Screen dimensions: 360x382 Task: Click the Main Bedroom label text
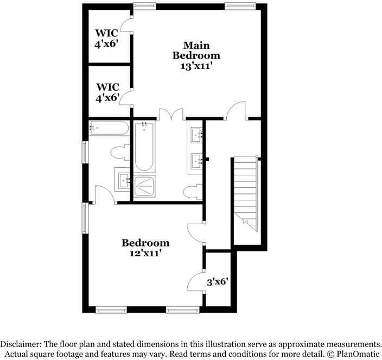pyautogui.click(x=196, y=50)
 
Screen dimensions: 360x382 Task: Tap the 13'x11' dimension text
pyautogui.click(x=196, y=66)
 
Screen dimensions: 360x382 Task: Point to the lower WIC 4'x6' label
pyautogui.click(x=107, y=92)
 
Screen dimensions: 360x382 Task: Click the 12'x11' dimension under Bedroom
pyautogui.click(x=145, y=252)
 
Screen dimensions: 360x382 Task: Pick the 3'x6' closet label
pyautogui.click(x=217, y=282)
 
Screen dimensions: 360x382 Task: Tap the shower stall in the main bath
pyautogui.click(x=144, y=186)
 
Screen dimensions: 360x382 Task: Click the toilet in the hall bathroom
pyautogui.click(x=118, y=153)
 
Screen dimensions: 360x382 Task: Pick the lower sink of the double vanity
pyautogui.click(x=196, y=160)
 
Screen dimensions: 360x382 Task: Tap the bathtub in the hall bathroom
pyautogui.click(x=109, y=129)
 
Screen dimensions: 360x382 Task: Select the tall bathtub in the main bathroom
pyautogui.click(x=144, y=147)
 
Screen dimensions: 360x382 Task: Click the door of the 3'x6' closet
pyautogui.click(x=195, y=282)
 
